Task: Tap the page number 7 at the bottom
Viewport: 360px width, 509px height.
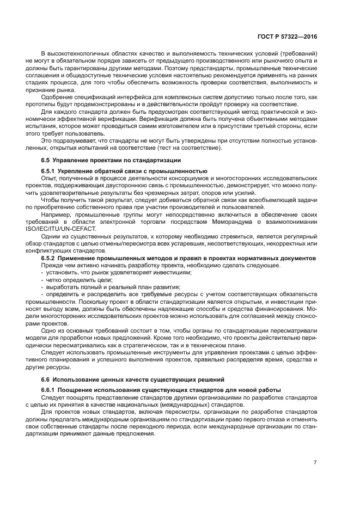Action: coord(315,462)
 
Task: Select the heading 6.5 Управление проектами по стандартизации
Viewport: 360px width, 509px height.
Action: coord(107,160)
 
